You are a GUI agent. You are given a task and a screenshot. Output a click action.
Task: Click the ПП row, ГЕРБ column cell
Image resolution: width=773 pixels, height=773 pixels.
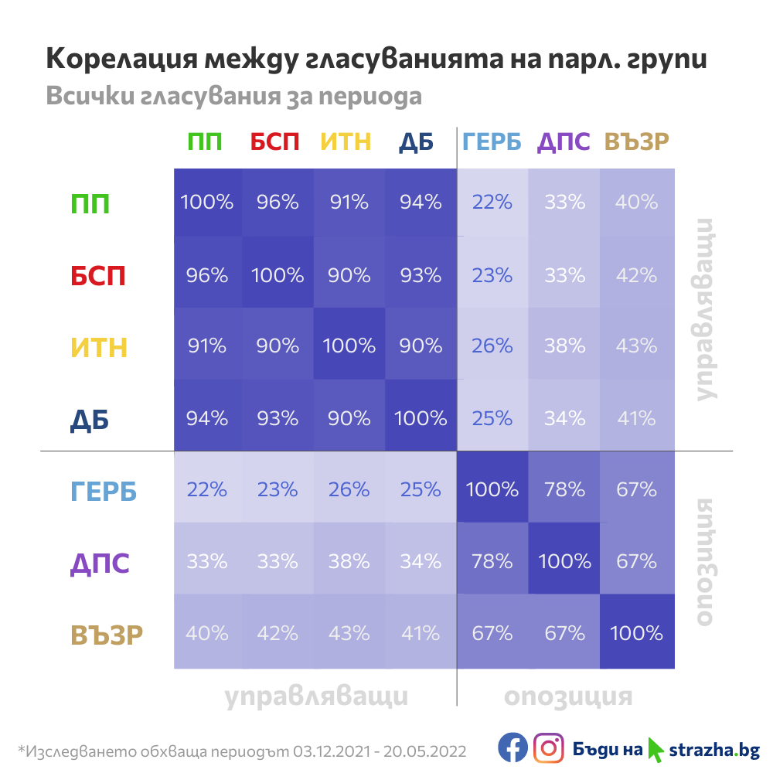point(492,203)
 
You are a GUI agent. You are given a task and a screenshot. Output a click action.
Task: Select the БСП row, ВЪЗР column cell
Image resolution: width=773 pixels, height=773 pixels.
point(636,275)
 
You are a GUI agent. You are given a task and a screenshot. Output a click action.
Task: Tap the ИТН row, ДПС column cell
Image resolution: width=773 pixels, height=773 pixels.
point(564,346)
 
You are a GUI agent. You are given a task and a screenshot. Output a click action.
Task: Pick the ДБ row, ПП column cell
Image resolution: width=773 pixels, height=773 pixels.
point(207,418)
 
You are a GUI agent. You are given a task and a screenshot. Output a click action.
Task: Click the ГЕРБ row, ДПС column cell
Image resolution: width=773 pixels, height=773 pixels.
point(564,489)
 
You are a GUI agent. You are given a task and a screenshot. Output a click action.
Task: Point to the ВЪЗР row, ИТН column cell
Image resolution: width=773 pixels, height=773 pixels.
point(349,633)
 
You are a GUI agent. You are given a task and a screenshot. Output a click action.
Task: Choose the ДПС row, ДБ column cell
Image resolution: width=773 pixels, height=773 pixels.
point(421,561)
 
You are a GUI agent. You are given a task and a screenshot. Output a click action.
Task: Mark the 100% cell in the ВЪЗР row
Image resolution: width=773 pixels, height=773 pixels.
point(636,633)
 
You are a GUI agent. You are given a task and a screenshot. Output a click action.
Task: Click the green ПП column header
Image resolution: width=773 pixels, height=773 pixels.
point(205,142)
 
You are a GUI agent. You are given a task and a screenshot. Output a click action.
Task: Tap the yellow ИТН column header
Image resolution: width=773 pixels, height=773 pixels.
point(346,142)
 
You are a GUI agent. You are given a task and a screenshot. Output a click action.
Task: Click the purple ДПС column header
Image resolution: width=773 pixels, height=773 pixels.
point(564,142)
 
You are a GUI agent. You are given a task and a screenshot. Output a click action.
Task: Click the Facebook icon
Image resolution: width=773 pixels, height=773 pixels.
point(512,748)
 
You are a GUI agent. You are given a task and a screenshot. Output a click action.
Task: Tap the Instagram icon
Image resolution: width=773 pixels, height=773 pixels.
point(549,748)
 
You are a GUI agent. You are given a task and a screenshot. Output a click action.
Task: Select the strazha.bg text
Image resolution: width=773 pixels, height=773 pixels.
point(713,749)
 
